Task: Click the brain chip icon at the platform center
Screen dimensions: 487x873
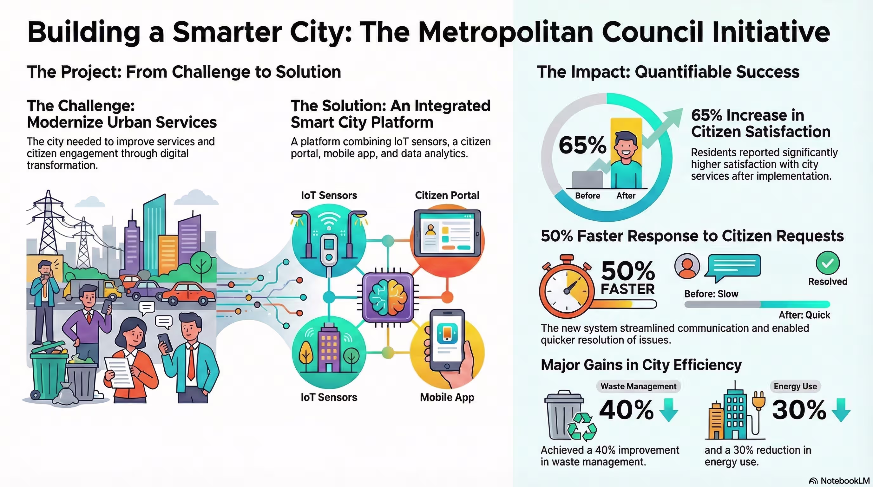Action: pyautogui.click(x=388, y=297)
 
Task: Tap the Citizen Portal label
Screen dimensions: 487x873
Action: pyautogui.click(x=447, y=195)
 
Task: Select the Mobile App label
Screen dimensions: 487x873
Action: pyautogui.click(x=447, y=397)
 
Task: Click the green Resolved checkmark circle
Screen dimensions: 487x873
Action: pyautogui.click(x=828, y=263)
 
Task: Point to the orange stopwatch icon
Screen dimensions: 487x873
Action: pyautogui.click(x=567, y=287)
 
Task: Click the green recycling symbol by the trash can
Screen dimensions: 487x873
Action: pyautogui.click(x=582, y=427)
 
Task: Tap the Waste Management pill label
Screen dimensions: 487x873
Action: pyautogui.click(x=638, y=386)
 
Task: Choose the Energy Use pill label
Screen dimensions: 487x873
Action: pyautogui.click(x=795, y=386)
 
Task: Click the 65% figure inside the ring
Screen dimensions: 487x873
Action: pyautogui.click(x=582, y=145)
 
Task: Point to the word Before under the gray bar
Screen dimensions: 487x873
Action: pyautogui.click(x=587, y=196)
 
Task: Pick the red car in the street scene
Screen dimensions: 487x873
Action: pyautogui.click(x=188, y=293)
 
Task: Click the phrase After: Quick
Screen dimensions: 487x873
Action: pyautogui.click(x=804, y=315)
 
